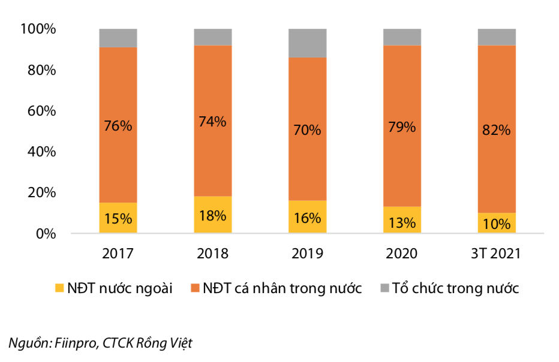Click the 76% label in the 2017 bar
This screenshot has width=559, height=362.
click(x=118, y=126)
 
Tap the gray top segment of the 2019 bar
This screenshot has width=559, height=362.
click(x=307, y=43)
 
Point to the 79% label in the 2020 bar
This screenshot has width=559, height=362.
click(x=402, y=126)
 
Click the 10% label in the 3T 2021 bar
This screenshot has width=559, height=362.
click(x=496, y=224)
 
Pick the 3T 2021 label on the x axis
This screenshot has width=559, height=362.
click(x=496, y=254)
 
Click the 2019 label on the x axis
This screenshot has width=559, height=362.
click(x=307, y=254)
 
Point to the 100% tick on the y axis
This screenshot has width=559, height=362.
click(x=38, y=29)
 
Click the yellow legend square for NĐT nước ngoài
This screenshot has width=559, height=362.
click(x=59, y=288)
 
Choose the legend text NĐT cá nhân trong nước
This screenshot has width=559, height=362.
click(x=282, y=288)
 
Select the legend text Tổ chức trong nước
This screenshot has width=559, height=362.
click(x=456, y=288)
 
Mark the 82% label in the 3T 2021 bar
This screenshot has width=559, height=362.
click(x=496, y=130)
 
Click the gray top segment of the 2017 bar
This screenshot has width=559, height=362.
click(x=118, y=38)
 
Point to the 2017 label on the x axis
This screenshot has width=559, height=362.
click(x=118, y=254)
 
